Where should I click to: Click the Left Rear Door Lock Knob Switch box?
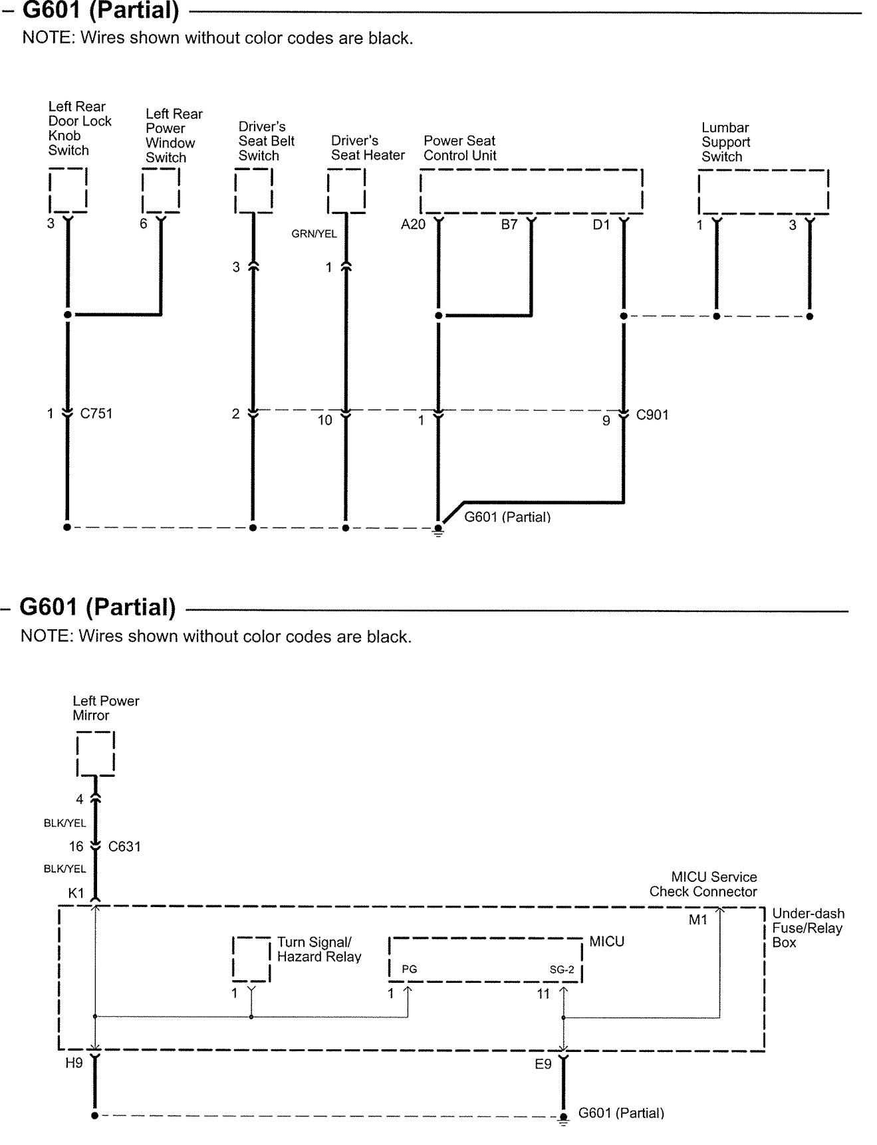(68, 190)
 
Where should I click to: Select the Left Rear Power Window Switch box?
(161, 190)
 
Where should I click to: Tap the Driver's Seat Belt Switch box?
(253, 191)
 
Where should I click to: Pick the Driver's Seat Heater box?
(346, 191)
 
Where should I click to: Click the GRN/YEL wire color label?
(314, 234)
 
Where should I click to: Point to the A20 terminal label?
(413, 225)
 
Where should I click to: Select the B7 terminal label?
(509, 225)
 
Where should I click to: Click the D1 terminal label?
(601, 225)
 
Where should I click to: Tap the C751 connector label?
(96, 413)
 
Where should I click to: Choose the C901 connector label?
(652, 415)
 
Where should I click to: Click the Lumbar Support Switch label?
(725, 142)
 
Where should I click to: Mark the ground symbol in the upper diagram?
(438, 530)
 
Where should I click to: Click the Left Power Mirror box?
(96, 754)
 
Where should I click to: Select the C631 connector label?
(124, 847)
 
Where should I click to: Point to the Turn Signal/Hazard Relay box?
(251, 959)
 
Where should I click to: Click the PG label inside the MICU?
(410, 970)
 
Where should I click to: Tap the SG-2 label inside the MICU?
(562, 970)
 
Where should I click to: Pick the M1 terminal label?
(698, 920)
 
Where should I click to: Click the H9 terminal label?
(74, 1063)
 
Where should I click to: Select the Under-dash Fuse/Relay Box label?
(808, 928)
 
